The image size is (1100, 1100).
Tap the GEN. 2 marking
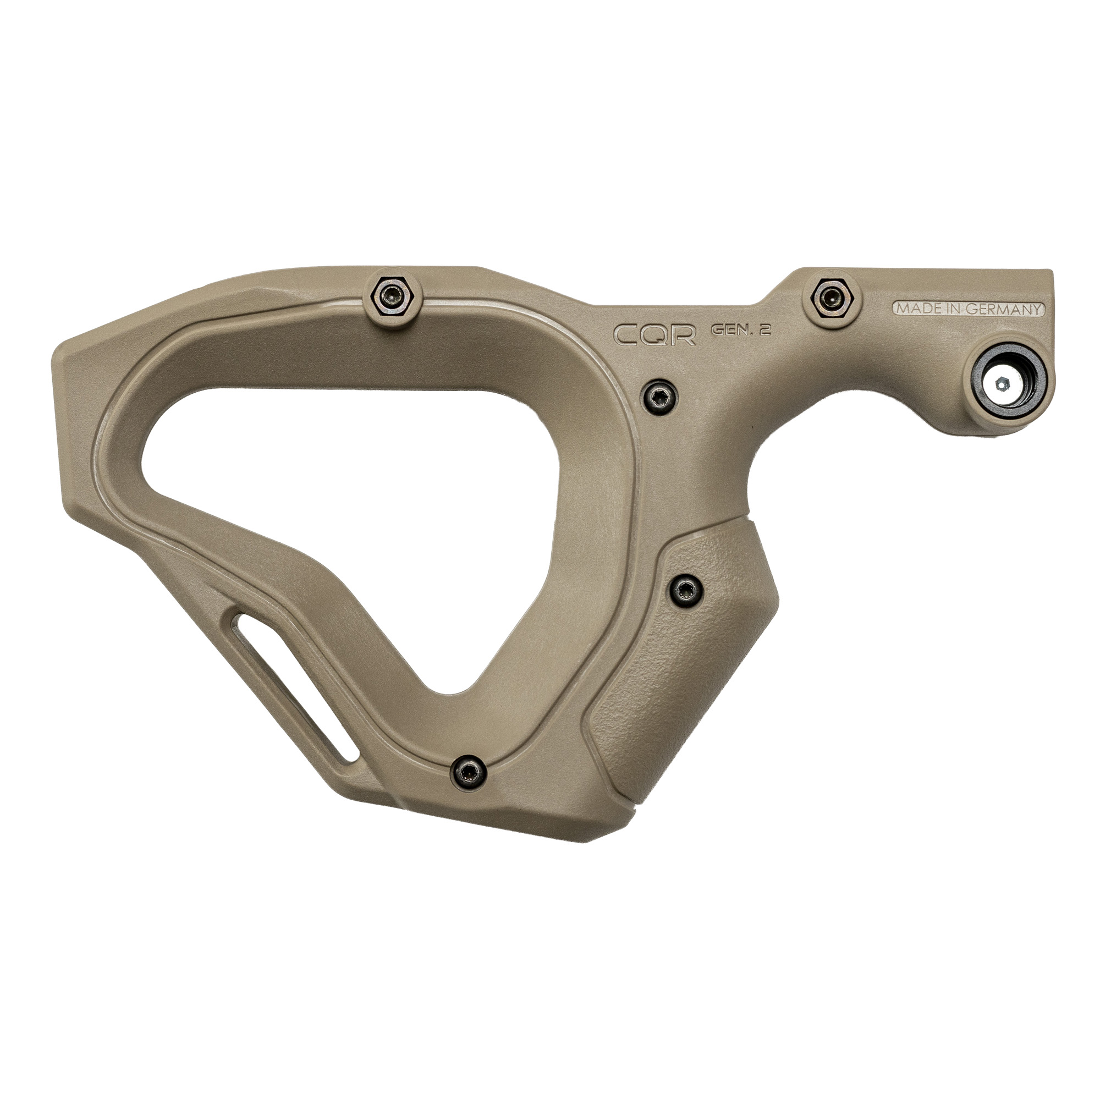(x=741, y=331)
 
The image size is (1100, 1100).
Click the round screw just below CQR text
(x=658, y=394)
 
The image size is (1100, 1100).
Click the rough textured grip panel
(x=683, y=672)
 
